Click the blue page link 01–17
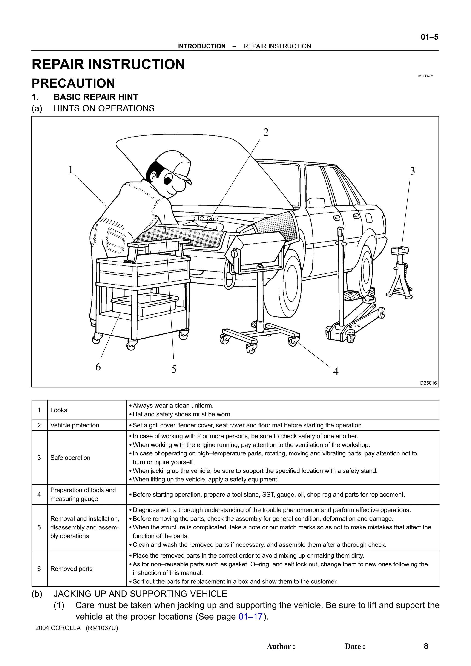(x=250, y=616)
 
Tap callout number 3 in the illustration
(x=412, y=171)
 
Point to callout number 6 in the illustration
(x=98, y=367)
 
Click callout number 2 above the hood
(x=266, y=132)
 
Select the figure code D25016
(x=428, y=383)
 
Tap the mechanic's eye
(x=168, y=179)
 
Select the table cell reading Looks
(x=59, y=410)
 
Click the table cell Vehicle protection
(x=75, y=425)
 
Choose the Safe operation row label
(x=70, y=458)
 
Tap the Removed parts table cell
(x=71, y=569)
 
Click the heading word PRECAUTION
(x=73, y=83)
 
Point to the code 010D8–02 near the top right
(x=425, y=76)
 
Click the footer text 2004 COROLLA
(x=58, y=628)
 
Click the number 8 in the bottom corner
(x=426, y=646)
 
